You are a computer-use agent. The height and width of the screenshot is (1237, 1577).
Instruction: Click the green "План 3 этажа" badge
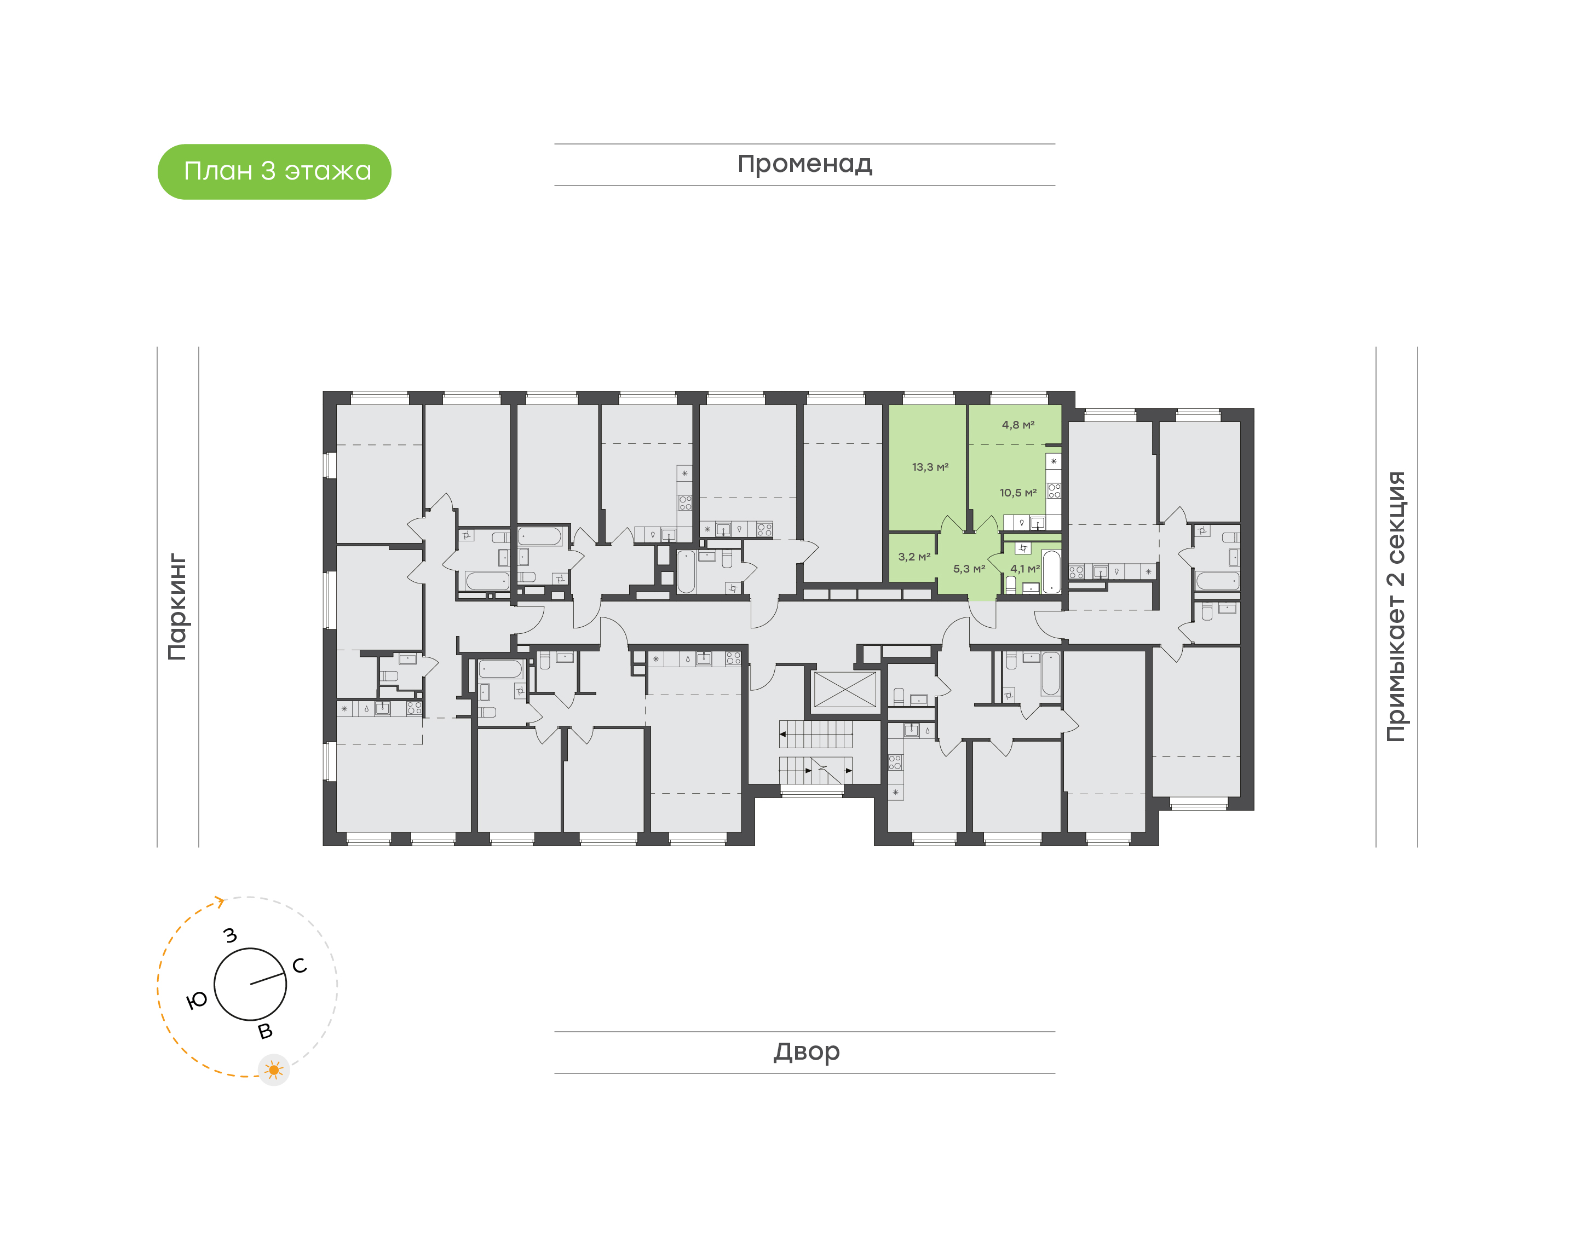[274, 172]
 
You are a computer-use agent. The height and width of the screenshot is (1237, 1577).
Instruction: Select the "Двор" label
[806, 1051]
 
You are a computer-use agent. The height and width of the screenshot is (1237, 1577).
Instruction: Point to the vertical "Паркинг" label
[177, 607]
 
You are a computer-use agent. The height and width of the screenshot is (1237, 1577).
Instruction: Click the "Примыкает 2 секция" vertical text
[1395, 606]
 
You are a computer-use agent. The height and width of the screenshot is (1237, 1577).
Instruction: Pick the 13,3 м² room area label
[929, 467]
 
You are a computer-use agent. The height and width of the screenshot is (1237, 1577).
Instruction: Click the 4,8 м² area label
[1018, 425]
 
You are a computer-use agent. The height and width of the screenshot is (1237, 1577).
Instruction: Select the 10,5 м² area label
[1018, 493]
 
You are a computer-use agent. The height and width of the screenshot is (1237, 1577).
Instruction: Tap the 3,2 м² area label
[913, 557]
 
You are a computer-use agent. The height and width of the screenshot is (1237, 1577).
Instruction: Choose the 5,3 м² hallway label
[969, 569]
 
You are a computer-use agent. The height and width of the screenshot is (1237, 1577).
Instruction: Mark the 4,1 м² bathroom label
[1025, 569]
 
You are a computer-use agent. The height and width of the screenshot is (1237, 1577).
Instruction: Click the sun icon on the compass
[274, 1070]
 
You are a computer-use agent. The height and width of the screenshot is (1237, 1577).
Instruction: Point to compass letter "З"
[231, 935]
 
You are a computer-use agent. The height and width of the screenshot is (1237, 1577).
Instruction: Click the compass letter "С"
[299, 966]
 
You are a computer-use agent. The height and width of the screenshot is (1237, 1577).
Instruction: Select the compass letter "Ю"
[197, 1001]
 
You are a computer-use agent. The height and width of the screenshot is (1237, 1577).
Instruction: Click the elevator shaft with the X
[845, 690]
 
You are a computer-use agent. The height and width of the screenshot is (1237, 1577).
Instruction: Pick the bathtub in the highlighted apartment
[1051, 572]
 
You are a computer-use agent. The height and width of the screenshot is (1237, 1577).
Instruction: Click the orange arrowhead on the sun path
[220, 901]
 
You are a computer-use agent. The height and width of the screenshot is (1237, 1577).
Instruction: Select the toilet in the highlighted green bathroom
[1010, 583]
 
